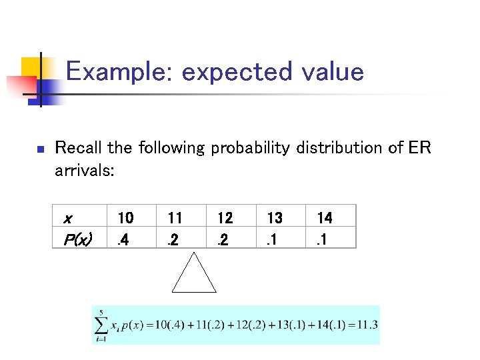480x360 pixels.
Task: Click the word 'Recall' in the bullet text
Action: [x=74, y=147]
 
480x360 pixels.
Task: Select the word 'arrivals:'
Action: [x=85, y=171]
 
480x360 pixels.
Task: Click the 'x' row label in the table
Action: [x=67, y=218]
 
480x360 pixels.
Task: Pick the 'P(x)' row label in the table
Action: [x=77, y=238]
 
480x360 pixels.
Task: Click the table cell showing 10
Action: [x=125, y=217]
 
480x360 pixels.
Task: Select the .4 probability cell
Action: [x=122, y=238]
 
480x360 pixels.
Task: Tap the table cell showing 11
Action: [x=175, y=217]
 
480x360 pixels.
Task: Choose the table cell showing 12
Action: [x=225, y=217]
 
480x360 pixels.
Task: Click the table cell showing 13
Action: [x=275, y=217]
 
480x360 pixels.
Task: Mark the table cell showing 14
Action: [x=325, y=217]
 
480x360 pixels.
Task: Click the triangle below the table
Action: [x=194, y=274]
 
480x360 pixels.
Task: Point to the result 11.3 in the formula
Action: [x=367, y=325]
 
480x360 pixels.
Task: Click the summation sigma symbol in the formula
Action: [x=102, y=325]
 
